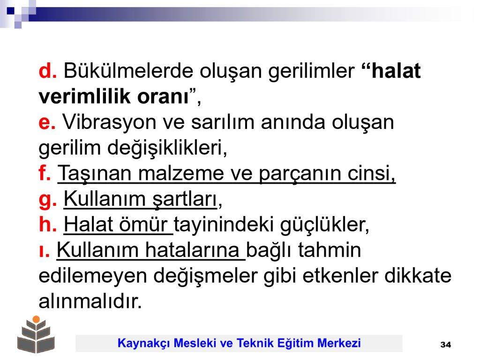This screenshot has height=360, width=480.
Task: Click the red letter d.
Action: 45,71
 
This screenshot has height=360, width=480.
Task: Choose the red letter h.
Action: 45,224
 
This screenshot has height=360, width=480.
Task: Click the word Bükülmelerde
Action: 128,71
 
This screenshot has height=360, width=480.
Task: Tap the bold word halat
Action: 396,71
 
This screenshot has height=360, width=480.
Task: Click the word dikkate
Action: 418,276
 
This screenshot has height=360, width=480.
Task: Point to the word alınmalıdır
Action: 90,301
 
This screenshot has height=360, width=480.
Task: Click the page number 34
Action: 446,345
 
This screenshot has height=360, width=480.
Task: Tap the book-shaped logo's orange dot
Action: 36,319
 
